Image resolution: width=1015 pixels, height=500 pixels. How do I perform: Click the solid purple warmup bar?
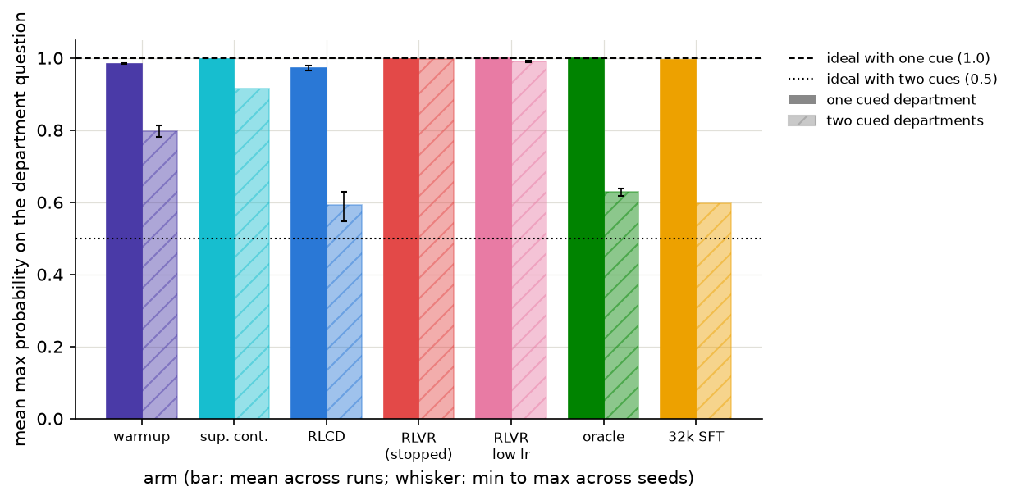(124, 241)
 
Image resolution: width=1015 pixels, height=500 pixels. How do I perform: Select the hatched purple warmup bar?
(160, 275)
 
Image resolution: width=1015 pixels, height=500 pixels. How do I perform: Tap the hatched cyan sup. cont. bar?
(252, 254)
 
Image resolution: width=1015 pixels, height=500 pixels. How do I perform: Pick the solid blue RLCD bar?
(309, 243)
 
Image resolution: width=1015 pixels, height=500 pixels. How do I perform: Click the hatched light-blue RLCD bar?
(345, 312)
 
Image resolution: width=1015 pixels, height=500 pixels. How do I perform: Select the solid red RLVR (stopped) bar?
(401, 239)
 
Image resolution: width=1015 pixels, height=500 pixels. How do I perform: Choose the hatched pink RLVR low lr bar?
(529, 240)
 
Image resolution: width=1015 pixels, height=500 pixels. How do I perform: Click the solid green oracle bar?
(586, 239)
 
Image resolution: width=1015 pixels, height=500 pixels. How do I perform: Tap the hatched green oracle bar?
(621, 306)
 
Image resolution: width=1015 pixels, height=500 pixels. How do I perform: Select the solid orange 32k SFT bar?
(678, 239)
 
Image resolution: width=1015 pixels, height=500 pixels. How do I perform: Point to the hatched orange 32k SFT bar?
(714, 311)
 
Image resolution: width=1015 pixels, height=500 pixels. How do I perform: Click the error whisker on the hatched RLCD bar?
(344, 207)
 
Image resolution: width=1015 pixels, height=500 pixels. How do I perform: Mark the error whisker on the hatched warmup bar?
(159, 131)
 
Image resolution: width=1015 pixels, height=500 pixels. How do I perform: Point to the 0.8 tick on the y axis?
(72, 131)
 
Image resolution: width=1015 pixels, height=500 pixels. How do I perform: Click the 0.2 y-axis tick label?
(50, 347)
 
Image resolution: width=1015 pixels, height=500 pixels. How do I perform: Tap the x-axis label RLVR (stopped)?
(418, 446)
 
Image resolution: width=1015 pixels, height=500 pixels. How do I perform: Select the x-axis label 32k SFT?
(696, 437)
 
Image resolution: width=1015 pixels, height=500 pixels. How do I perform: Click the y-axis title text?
(21, 229)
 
